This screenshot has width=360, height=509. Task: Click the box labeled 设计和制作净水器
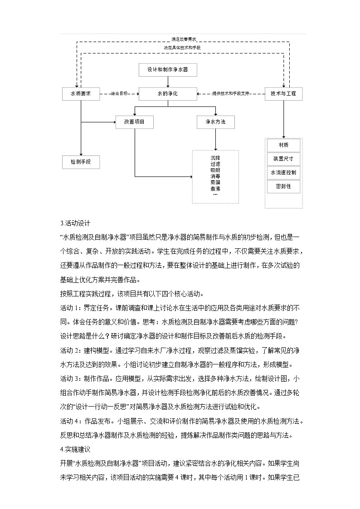tap(167, 70)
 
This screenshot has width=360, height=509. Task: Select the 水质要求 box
tap(81, 94)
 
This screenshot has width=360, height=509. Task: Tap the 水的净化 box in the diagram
tap(167, 94)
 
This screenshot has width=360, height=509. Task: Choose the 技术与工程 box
tap(283, 94)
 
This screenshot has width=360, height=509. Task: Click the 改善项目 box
tap(135, 122)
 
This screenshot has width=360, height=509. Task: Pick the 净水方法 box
tap(215, 122)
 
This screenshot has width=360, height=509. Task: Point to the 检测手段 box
tap(81, 162)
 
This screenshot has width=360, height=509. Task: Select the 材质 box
tap(283, 145)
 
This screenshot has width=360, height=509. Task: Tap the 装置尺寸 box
tap(283, 159)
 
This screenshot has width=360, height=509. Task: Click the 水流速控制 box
tap(283, 173)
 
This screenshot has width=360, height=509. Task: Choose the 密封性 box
tap(283, 186)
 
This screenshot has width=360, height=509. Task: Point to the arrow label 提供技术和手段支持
tap(231, 94)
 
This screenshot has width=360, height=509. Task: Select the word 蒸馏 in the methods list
tap(215, 182)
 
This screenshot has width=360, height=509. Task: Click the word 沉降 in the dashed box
tap(215, 157)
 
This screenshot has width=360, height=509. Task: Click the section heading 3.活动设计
tap(75, 223)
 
